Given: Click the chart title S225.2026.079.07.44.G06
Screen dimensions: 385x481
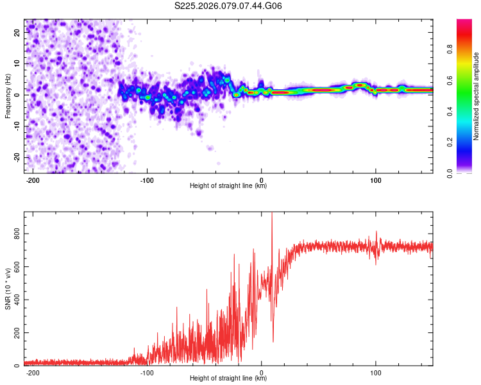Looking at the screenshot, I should coord(228,6).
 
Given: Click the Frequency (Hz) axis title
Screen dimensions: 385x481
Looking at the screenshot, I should coord(8,96).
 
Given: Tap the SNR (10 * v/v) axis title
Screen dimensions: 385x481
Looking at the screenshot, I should coord(8,289).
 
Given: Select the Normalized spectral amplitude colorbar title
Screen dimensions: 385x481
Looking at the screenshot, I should coord(476,96).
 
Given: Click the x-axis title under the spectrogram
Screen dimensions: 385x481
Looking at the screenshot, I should coord(228,187).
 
